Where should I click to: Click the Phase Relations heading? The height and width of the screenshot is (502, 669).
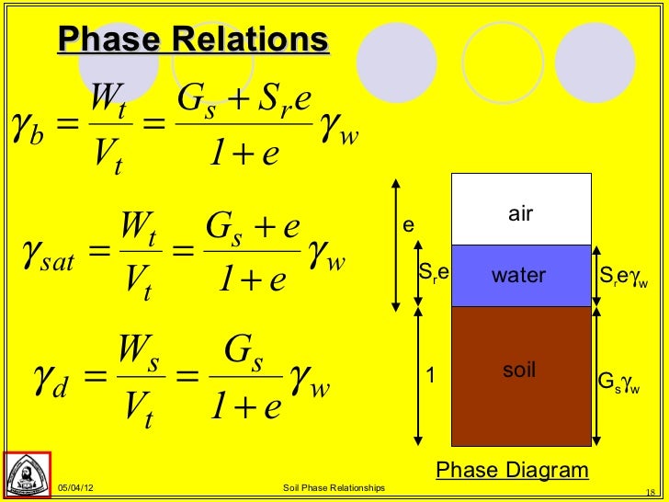(192, 40)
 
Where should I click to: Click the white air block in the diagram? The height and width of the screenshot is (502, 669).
(520, 210)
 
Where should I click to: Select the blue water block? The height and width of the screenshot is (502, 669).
(520, 275)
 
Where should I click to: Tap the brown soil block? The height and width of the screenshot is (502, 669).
(520, 372)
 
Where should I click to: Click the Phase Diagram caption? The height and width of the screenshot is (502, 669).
(512, 471)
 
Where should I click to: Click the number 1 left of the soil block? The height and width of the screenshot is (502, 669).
(428, 374)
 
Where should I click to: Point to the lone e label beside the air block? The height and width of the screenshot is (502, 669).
(409, 226)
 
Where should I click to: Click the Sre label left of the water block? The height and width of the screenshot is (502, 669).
(433, 273)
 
